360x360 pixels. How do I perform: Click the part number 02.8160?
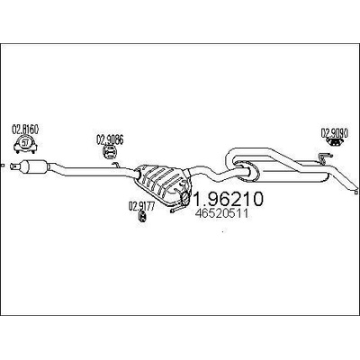pos(25,130)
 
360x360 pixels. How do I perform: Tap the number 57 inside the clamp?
pos(26,142)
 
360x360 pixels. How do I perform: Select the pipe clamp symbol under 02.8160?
pos(25,145)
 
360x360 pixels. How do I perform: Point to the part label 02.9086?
pos(110,139)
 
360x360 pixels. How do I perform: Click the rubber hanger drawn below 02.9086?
pos(110,151)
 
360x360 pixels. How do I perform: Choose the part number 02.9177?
pos(141,206)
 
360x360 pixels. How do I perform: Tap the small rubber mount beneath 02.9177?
pos(141,217)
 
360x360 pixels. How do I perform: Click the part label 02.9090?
pos(335,132)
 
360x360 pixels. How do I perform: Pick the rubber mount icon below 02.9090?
pos(334,142)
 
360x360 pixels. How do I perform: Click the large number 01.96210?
pos(222,199)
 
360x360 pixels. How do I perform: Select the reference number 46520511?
pos(221,213)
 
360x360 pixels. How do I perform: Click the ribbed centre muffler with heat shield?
pos(161,184)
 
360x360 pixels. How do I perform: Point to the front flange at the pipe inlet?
pos(12,166)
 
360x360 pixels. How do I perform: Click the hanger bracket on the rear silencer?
pos(323,158)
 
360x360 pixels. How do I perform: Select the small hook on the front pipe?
pos(116,165)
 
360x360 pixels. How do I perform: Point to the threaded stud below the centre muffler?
pos(177,209)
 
